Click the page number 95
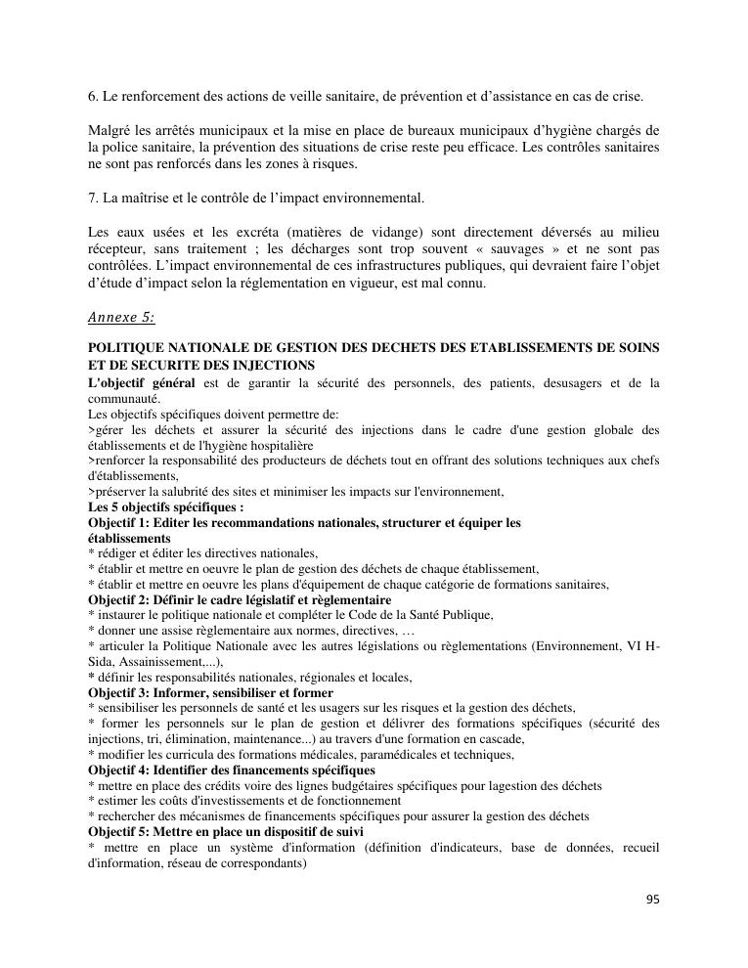pos(652,900)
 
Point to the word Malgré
pos(109,130)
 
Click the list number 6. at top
pos(93,97)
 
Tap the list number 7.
pos(93,198)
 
